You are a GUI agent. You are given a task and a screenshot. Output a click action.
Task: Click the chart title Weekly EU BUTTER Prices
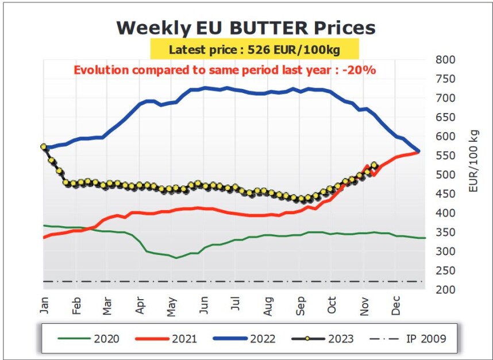[x=246, y=28]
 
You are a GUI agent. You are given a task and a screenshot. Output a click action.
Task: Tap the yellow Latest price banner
[x=255, y=50]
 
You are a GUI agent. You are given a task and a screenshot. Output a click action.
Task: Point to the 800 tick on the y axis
[x=445, y=60]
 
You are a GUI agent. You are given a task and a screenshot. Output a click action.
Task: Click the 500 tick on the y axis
[x=445, y=175]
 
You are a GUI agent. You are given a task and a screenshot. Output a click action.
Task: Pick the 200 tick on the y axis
[x=445, y=289]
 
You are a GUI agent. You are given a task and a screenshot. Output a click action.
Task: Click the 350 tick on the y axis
[x=445, y=232]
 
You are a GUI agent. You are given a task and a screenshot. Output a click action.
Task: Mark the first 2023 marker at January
[x=44, y=147]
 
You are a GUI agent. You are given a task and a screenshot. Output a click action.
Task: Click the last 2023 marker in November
[x=375, y=165]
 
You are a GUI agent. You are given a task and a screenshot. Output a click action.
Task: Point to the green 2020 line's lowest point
[x=177, y=258]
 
